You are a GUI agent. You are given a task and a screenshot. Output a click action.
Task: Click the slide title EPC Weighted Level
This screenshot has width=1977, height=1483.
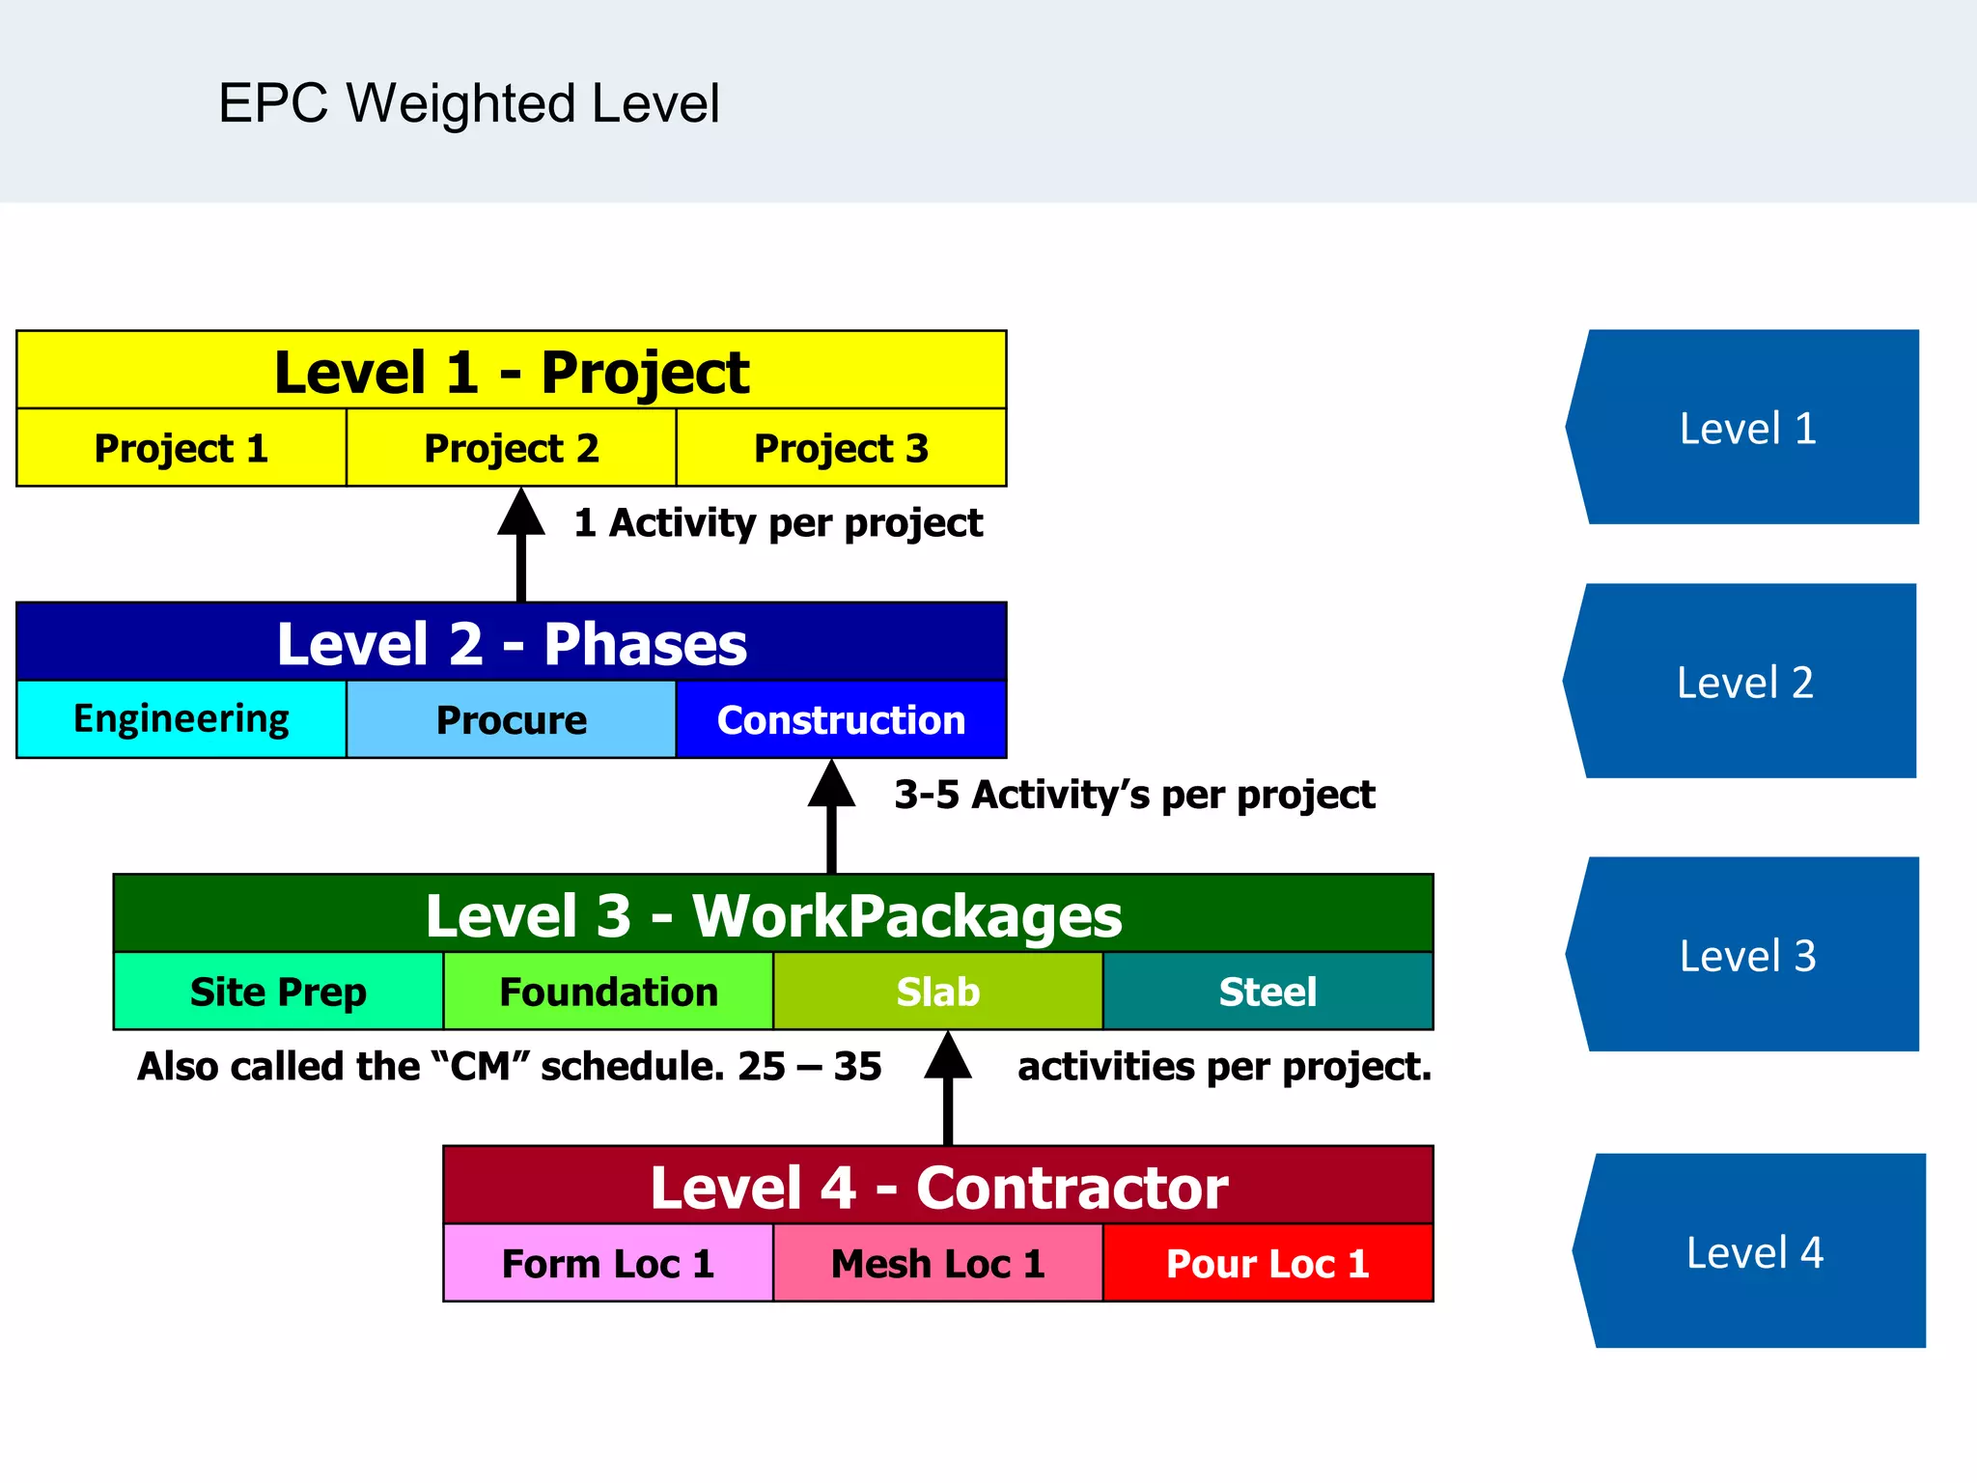[x=469, y=103]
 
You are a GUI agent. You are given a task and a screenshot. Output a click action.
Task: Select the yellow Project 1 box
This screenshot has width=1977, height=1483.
[x=181, y=448]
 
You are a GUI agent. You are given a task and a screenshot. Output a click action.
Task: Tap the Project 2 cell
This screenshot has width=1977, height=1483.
[x=511, y=448]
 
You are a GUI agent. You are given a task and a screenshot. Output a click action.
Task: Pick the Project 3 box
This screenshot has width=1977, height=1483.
[x=841, y=448]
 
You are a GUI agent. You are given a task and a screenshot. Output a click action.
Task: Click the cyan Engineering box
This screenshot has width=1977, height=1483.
[x=181, y=719]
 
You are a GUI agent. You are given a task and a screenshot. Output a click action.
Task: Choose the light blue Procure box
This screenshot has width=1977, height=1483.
[x=511, y=720]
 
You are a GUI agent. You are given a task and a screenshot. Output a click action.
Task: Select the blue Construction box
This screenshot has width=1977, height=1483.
[x=841, y=720]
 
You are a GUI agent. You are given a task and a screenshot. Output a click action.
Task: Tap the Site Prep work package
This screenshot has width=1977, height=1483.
[x=278, y=992]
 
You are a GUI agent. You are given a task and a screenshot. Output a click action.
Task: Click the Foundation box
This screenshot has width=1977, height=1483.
[x=608, y=992]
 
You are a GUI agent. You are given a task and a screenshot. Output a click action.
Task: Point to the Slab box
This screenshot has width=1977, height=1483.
[x=937, y=992]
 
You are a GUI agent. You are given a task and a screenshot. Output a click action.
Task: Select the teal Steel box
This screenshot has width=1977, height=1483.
[x=1267, y=992]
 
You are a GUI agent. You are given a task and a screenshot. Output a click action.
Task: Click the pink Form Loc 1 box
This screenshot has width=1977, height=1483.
[x=608, y=1263]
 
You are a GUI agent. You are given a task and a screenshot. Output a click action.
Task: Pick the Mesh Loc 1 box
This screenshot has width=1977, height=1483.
[x=937, y=1263]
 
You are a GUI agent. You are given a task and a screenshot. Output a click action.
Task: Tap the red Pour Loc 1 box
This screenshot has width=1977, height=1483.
[x=1267, y=1263]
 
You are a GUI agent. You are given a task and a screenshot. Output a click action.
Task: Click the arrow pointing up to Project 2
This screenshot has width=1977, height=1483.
[x=521, y=546]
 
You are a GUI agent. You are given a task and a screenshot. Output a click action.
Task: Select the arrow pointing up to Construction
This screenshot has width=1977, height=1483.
[x=831, y=817]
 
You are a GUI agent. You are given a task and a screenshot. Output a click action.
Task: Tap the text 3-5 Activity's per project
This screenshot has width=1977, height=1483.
[x=1134, y=795]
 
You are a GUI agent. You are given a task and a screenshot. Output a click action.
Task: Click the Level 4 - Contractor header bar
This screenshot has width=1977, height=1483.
[x=937, y=1187]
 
